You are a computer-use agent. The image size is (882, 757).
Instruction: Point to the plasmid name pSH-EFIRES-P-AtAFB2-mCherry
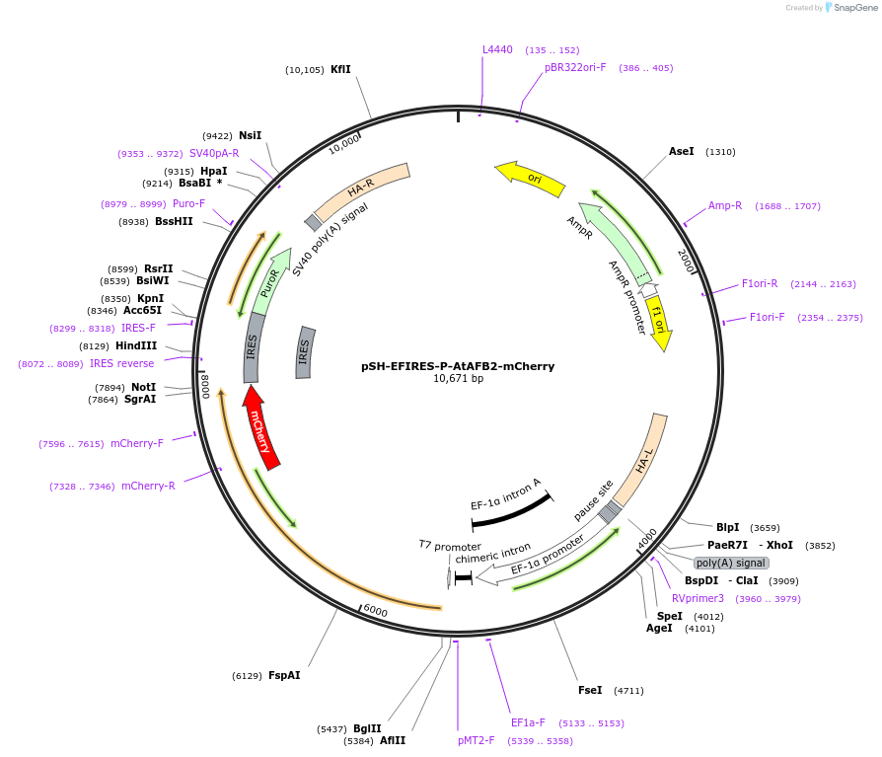coord(458,366)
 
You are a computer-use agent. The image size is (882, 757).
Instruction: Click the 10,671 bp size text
coord(458,379)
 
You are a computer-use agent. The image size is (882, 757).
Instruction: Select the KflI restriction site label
coord(340,69)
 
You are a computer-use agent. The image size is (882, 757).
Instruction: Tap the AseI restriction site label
coord(682,151)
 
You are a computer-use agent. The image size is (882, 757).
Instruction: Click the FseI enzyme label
coord(590,690)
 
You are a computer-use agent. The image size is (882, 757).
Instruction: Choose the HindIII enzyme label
coord(137,345)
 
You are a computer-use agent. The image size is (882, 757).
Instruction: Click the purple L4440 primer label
coord(497,49)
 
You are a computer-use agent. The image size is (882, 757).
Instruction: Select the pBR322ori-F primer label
coord(575,67)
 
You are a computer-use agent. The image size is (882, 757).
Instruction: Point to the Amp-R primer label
coord(725,205)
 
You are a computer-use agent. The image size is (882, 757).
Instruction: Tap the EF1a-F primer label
coord(528,722)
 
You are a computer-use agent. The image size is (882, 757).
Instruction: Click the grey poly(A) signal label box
coord(731,563)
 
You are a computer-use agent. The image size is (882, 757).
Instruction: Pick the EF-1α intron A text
coord(505,493)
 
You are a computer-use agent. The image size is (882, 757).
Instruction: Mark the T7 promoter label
coord(450,545)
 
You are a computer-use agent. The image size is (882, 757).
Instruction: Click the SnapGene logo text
coord(854,7)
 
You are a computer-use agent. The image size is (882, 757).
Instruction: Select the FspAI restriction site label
coord(284,676)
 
